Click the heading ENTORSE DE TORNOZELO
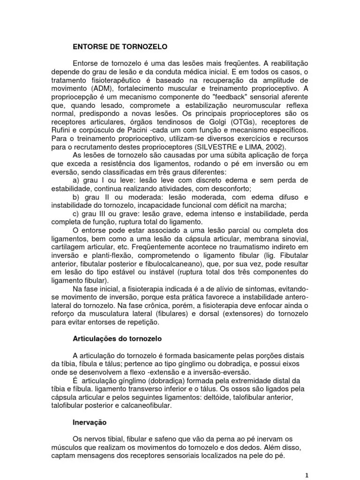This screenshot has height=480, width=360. click(120, 47)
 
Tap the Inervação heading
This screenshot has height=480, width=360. click(90, 422)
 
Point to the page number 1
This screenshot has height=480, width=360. click(307, 475)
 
